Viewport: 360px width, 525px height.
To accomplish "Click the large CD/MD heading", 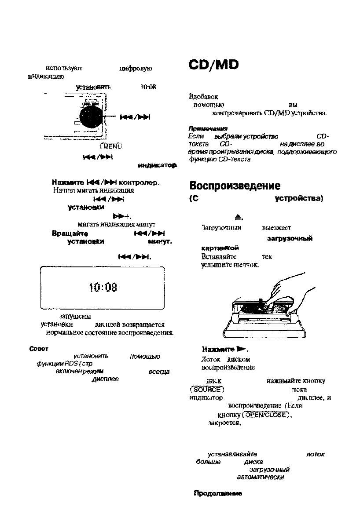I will [x=213, y=65].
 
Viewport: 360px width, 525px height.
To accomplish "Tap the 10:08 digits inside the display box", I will [x=102, y=288].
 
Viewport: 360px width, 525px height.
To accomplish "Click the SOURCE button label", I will [x=204, y=390].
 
